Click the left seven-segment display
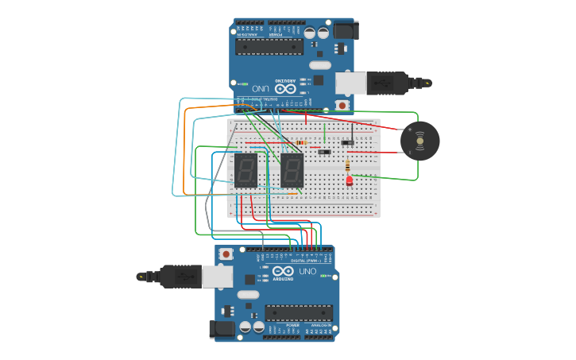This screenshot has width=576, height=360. click(x=245, y=170)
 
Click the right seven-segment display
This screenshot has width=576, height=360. click(x=292, y=170)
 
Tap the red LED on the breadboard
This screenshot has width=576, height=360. click(x=349, y=181)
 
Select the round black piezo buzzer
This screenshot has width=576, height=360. click(x=419, y=141)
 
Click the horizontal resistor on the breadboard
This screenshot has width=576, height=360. click(x=301, y=143)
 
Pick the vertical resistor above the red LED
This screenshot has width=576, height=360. click(x=347, y=165)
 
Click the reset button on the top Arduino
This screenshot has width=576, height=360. click(x=342, y=105)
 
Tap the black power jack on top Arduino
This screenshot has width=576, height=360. click(x=344, y=31)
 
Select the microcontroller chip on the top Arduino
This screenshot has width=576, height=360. click(x=269, y=47)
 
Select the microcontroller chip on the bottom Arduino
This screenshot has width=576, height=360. click(x=299, y=313)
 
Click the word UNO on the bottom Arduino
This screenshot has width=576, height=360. click(x=307, y=272)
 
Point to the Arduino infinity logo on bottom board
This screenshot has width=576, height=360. click(x=283, y=271)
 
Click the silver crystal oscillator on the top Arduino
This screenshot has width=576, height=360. click(x=319, y=65)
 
